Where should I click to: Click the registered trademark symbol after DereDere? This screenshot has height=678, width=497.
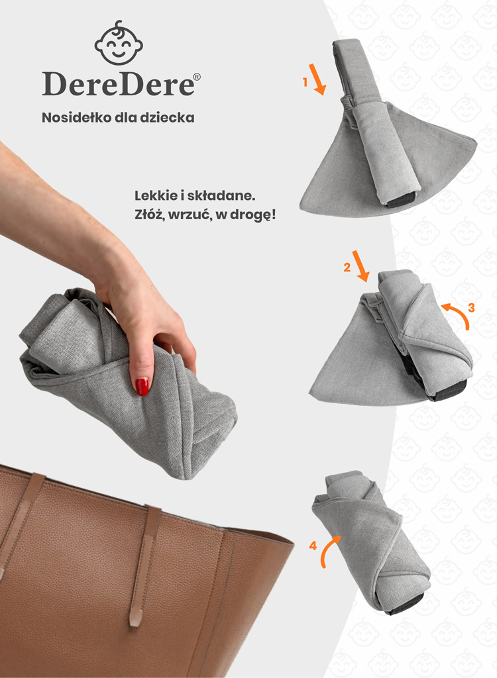(x=197, y=77)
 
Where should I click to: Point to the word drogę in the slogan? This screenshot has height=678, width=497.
(x=252, y=215)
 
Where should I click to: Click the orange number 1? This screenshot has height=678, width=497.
(x=305, y=81)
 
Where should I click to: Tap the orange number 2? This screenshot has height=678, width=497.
(x=347, y=267)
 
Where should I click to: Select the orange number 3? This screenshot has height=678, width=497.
(x=471, y=308)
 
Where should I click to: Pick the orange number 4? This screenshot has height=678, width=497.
(x=313, y=546)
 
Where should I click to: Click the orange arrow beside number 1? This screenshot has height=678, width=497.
(x=317, y=79)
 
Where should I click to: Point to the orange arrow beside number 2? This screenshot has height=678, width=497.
(x=360, y=266)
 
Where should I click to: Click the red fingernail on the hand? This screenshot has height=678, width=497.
(x=142, y=386)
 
